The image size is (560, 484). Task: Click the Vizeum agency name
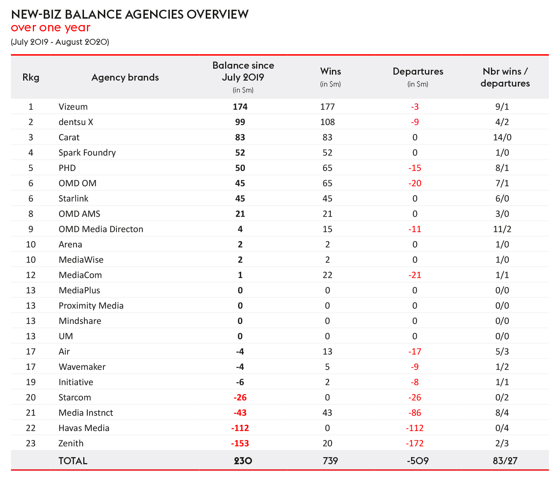(x=73, y=107)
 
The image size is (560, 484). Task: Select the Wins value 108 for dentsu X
(x=327, y=122)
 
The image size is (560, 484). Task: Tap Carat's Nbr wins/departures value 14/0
(x=502, y=137)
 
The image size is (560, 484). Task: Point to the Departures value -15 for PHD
(x=415, y=168)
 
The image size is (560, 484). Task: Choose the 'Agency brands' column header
(x=125, y=77)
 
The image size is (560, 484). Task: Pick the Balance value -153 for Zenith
(x=240, y=443)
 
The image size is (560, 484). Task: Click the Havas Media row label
(x=84, y=428)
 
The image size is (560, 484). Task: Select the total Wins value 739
(x=330, y=461)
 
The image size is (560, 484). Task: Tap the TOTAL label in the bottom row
(x=73, y=461)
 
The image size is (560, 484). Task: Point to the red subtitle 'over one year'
(x=51, y=28)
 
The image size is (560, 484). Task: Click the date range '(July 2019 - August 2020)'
(x=60, y=42)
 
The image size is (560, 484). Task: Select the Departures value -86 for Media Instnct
(x=415, y=413)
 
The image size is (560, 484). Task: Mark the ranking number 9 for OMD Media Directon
(x=31, y=229)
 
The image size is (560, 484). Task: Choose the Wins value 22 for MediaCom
(x=327, y=275)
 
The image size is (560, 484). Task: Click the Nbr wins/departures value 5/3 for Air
(x=502, y=352)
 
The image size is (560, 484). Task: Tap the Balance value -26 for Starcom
(x=240, y=397)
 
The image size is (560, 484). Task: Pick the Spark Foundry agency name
(x=87, y=153)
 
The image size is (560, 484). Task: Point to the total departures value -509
(x=418, y=461)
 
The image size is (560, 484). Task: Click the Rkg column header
(x=31, y=77)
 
